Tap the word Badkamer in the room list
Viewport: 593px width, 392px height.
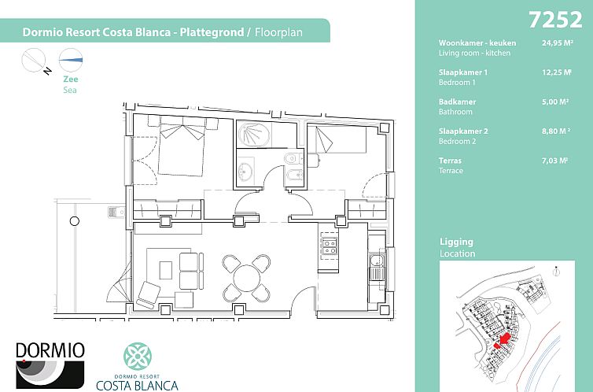[x=457, y=102]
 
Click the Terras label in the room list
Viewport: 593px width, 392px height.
[x=451, y=161]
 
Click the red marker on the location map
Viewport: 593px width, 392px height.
[x=502, y=340]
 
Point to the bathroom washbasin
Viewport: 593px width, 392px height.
[x=246, y=170]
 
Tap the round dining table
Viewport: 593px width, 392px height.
[x=246, y=277]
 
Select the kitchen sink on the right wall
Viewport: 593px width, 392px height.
[x=376, y=265]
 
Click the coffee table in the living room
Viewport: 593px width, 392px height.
[x=165, y=269]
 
